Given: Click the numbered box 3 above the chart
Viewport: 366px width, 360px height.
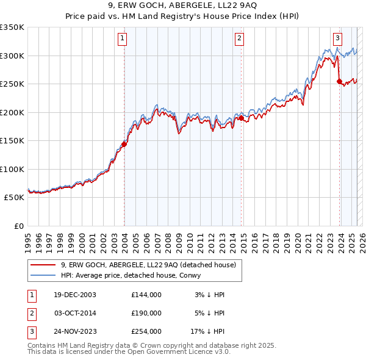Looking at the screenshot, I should pyautogui.click(x=337, y=37).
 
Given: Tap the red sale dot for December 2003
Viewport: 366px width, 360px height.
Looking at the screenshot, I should pyautogui.click(x=124, y=145).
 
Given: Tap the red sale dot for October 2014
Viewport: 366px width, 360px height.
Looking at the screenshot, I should pyautogui.click(x=242, y=118).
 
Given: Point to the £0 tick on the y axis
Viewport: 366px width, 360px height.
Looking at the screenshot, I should pyautogui.click(x=18, y=226).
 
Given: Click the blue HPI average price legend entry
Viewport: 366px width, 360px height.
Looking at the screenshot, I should pyautogui.click(x=135, y=275).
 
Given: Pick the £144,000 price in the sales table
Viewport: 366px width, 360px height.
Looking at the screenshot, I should pyautogui.click(x=146, y=295).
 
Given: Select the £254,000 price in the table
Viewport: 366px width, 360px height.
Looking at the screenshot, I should pyautogui.click(x=146, y=331).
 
